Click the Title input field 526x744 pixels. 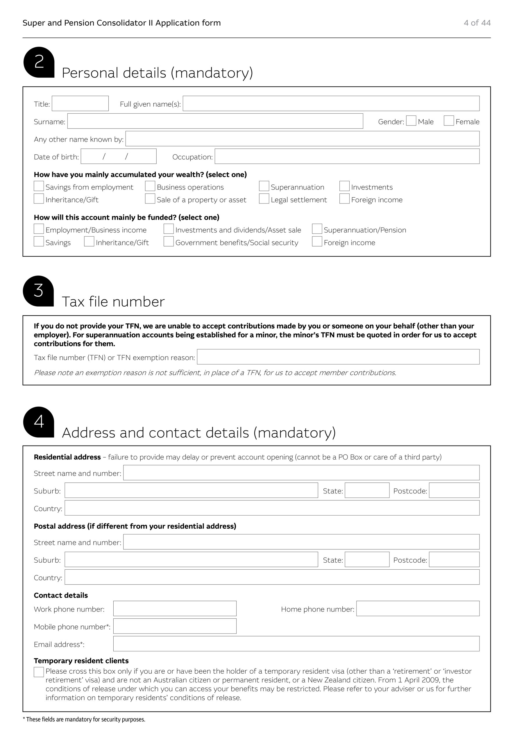80,103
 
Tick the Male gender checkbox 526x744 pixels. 411,121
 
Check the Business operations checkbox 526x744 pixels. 150,186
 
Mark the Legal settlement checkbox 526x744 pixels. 264,199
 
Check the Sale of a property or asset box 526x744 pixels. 150,199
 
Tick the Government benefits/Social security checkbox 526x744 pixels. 169,242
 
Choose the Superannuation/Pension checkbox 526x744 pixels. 317,229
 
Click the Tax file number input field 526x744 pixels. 338,357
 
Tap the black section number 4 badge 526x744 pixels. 39,422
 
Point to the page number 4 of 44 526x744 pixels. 477,23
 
